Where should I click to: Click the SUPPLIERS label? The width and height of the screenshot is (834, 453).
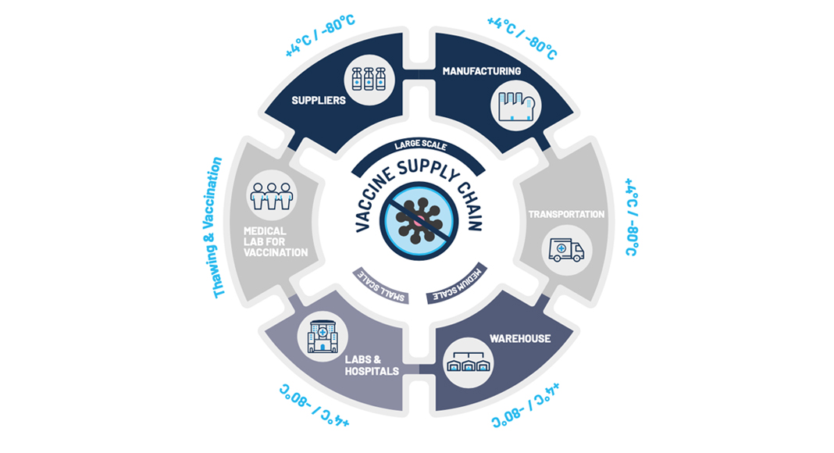[319, 100]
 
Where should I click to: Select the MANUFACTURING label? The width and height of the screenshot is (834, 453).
[481, 71]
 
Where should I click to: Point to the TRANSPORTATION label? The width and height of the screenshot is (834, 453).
[566, 214]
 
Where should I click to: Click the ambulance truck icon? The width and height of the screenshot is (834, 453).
[566, 249]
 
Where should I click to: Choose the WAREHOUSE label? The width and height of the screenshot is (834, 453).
[519, 339]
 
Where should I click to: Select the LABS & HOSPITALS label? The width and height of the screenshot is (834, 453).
[372, 365]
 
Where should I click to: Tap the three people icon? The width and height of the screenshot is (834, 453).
[272, 196]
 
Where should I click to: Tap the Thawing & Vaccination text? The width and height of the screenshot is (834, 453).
[219, 226]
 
